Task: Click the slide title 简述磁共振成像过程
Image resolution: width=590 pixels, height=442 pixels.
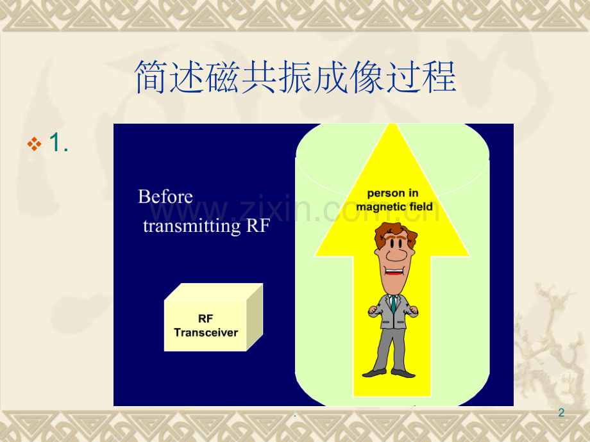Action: (295, 78)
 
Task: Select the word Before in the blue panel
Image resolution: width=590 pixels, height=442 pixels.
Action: (165, 197)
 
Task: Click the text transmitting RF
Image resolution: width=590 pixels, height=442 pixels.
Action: (206, 226)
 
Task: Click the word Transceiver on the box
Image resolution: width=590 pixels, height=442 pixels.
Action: (206, 332)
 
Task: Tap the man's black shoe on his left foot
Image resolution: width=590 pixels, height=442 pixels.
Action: (403, 373)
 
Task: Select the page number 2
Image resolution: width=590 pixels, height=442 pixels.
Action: (561, 413)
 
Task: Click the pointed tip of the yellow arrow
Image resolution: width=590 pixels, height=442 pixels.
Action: (393, 128)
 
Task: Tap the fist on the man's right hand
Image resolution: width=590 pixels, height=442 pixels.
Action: (374, 311)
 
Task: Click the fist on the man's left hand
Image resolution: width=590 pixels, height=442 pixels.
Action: (413, 311)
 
